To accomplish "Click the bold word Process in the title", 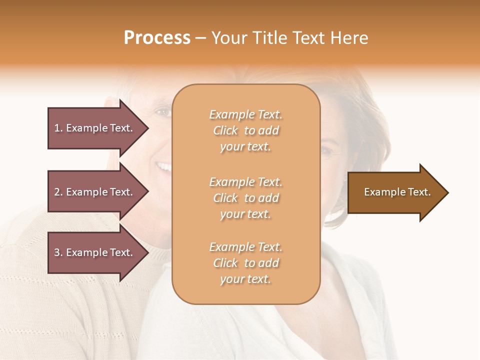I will pos(157,38).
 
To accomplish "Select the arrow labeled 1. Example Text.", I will pos(95,128).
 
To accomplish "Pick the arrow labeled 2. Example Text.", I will pos(95,192).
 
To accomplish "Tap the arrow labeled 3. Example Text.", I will pos(95,252).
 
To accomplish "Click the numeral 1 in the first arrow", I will pos(57,128).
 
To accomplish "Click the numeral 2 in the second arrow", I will pos(57,192).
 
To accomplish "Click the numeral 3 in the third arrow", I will pos(57,252).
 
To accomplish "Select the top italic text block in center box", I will pos(245,130).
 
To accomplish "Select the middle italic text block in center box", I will pos(245,198).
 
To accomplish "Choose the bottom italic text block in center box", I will pos(245,263).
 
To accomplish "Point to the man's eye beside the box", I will pos(162,112).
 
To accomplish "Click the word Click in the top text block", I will pos(225,131).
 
